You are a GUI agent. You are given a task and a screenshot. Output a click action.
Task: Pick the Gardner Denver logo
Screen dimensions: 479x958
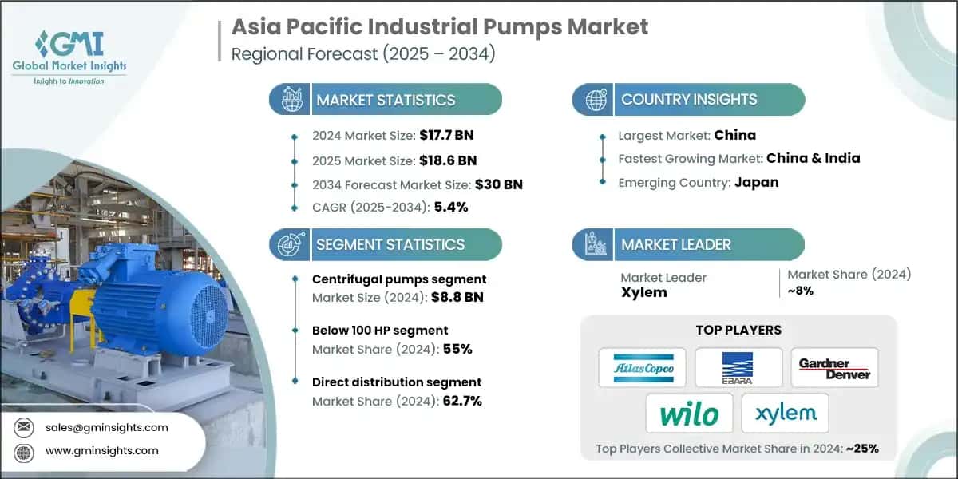tap(834, 368)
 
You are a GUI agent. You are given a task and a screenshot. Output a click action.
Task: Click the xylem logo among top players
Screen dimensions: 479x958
tap(786, 414)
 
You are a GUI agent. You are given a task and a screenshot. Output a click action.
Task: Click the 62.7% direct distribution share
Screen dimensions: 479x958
tap(462, 401)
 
